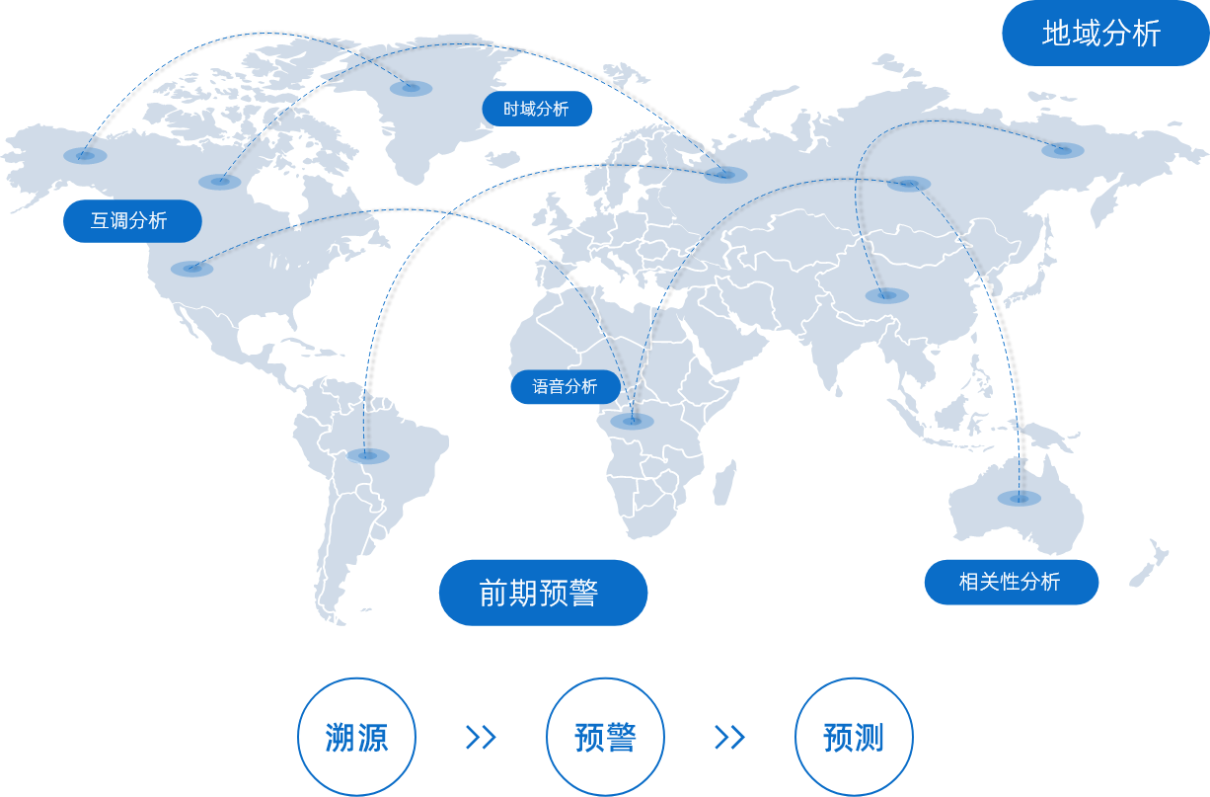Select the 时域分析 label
(537, 109)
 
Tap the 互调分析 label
(131, 221)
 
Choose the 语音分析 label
(566, 386)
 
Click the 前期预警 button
(543, 593)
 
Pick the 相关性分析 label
(1011, 582)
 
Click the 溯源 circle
(356, 737)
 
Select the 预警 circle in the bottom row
(605, 737)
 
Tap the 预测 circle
(854, 737)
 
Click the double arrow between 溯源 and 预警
(481, 737)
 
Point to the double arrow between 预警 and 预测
(729, 737)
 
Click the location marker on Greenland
(411, 88)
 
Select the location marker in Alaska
(85, 155)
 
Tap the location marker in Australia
(1019, 498)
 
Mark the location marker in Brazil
(368, 455)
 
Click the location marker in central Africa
(632, 421)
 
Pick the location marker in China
(886, 295)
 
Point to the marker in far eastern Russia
(1062, 150)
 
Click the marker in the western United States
(191, 268)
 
